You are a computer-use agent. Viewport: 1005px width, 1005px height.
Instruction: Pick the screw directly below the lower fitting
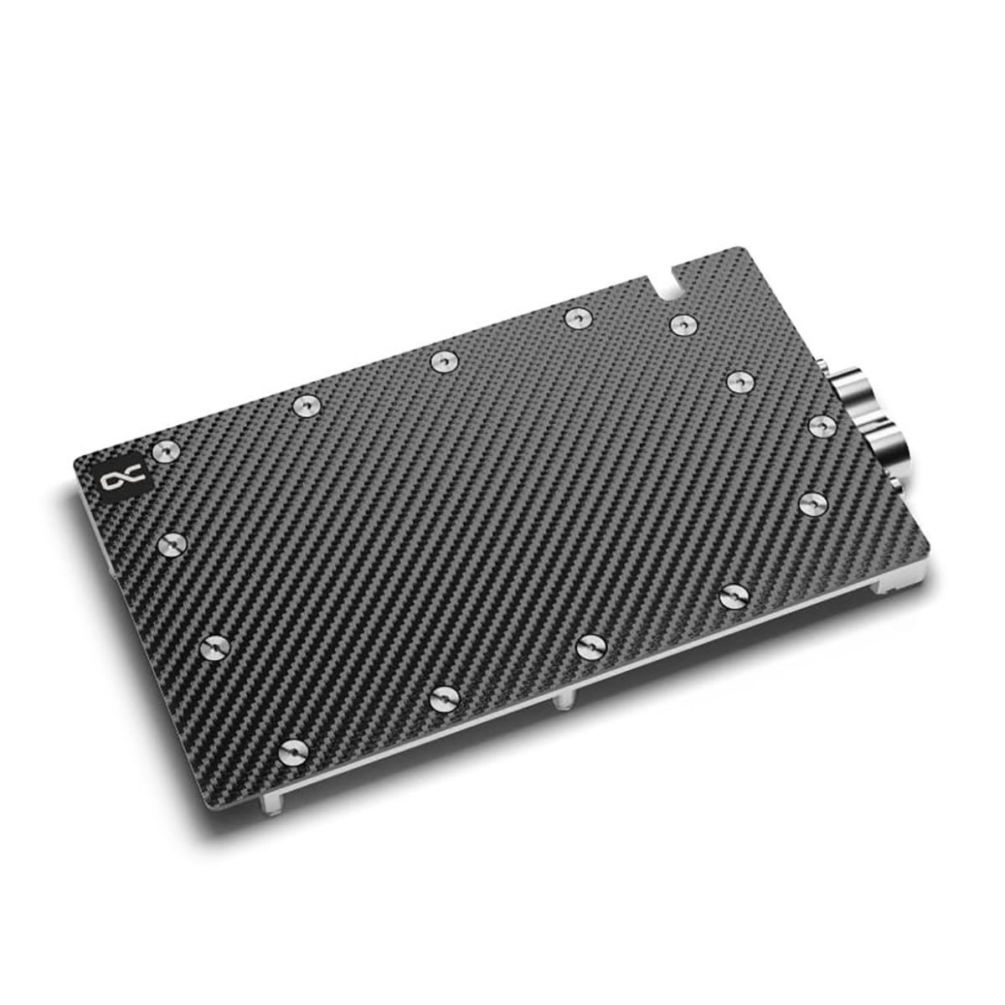tap(812, 502)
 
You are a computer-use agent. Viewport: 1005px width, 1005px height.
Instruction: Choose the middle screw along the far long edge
tap(442, 361)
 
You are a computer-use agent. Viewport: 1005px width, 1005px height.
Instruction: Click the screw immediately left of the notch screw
tap(575, 318)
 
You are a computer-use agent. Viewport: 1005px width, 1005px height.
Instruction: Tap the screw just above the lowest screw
tap(216, 647)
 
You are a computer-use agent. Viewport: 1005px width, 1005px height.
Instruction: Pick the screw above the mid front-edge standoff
tap(591, 645)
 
